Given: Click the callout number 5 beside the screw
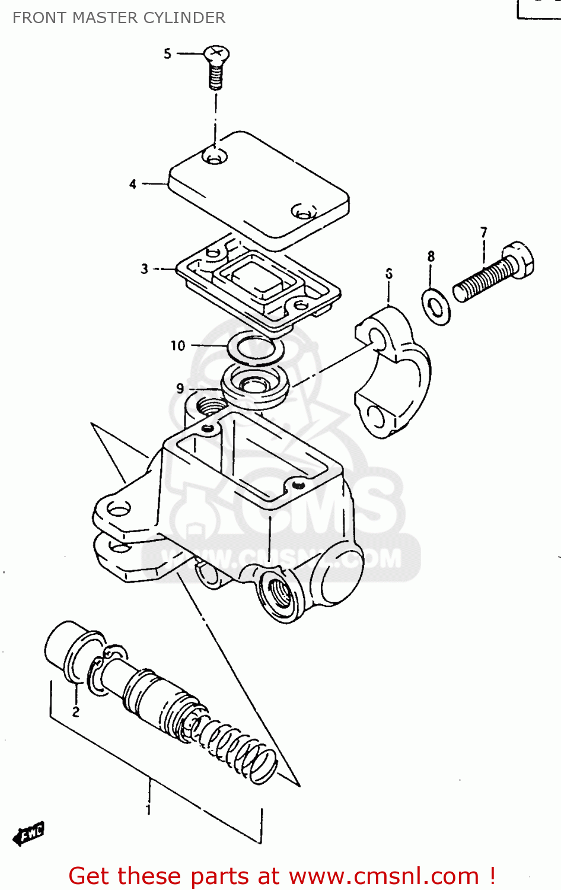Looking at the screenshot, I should pos(167,54).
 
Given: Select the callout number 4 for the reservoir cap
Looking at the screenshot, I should pos(133,185).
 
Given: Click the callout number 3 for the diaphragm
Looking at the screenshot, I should pos(144,269).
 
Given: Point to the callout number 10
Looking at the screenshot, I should pos(178,345).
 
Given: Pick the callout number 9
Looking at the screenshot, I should pos(180,389).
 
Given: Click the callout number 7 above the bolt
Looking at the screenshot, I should pos(484,233).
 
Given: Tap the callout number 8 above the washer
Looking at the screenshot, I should pos(431,256).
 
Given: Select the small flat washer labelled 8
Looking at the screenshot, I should pos(436,307).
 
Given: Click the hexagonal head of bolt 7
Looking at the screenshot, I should pos(521,260).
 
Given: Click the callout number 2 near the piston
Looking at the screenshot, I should pos(76,711).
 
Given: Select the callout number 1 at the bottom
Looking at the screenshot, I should pos(148,809).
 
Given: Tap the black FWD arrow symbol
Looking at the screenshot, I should pos(28,834).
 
